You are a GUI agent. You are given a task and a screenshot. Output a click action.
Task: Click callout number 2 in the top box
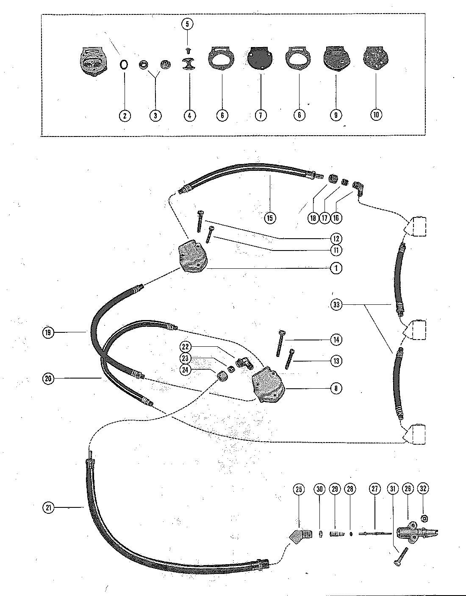[125, 115]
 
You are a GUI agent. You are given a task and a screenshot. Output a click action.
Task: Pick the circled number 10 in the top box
[376, 114]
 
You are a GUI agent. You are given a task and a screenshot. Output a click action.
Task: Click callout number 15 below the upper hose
[270, 218]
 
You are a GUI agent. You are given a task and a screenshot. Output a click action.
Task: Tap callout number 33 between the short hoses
[337, 304]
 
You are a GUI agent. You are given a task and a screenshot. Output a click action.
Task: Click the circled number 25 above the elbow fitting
[299, 489]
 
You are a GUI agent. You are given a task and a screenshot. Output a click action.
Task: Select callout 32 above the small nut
[423, 489]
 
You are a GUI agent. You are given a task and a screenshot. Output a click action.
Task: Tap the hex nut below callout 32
[424, 518]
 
